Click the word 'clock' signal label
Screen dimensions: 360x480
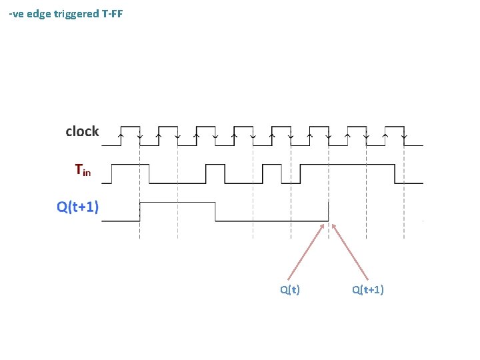click(82, 131)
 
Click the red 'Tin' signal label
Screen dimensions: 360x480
click(83, 171)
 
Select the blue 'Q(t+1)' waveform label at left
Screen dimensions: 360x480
click(78, 207)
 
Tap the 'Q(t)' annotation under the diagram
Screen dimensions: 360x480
click(290, 289)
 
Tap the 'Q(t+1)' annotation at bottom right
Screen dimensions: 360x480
click(368, 289)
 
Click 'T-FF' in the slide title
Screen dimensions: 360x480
click(112, 13)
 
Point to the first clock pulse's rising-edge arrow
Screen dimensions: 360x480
click(120, 136)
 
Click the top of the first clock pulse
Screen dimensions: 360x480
click(129, 126)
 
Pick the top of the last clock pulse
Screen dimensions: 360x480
click(395, 126)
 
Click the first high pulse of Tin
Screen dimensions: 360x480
click(130, 163)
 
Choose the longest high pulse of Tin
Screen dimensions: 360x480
click(347, 163)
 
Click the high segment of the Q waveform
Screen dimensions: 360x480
click(177, 201)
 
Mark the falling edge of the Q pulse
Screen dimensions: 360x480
click(215, 211)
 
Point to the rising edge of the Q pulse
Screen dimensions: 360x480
click(139, 211)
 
